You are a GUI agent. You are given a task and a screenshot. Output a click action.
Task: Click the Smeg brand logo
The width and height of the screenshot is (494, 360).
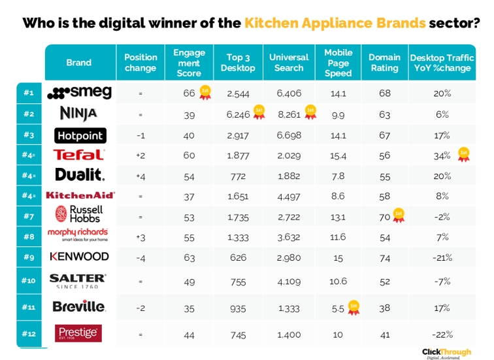pyautogui.click(x=80, y=93)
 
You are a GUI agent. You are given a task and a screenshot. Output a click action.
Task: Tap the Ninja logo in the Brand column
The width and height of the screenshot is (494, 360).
pyautogui.click(x=78, y=114)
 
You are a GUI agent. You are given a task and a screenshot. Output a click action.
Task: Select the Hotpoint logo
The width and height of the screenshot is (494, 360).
pyautogui.click(x=80, y=135)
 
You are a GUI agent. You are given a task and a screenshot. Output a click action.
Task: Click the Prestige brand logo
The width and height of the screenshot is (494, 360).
pyautogui.click(x=78, y=333)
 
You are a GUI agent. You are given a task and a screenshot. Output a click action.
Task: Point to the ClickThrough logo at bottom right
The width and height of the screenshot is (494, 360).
pyautogui.click(x=446, y=353)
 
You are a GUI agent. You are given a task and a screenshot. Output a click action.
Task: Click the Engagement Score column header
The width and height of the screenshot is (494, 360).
pyautogui.click(x=189, y=63)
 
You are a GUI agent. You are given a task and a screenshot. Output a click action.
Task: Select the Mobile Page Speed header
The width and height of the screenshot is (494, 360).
pyautogui.click(x=338, y=63)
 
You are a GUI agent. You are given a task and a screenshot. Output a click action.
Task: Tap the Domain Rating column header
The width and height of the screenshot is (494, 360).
pyautogui.click(x=384, y=63)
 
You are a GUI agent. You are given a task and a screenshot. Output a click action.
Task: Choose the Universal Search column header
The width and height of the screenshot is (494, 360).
pyautogui.click(x=289, y=63)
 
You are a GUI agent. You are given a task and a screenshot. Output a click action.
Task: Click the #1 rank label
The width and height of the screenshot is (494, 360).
pyautogui.click(x=28, y=93)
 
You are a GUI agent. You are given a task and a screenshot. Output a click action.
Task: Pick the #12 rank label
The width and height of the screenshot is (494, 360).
pyautogui.click(x=28, y=333)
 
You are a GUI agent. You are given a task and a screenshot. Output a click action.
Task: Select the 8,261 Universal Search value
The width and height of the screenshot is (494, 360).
pyautogui.click(x=289, y=114)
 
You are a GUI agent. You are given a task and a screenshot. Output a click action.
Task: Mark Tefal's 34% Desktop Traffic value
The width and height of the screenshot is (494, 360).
pyautogui.click(x=442, y=155)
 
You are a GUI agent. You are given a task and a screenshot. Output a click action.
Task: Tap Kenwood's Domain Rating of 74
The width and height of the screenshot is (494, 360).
pyautogui.click(x=384, y=257)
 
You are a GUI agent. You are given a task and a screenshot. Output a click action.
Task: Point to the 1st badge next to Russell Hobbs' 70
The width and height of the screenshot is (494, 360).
pyautogui.click(x=398, y=214)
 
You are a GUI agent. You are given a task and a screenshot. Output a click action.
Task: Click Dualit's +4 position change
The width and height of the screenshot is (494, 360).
pyautogui.click(x=140, y=176)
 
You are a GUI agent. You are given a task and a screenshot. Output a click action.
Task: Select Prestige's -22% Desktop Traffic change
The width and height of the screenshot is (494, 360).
pyautogui.click(x=442, y=334)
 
